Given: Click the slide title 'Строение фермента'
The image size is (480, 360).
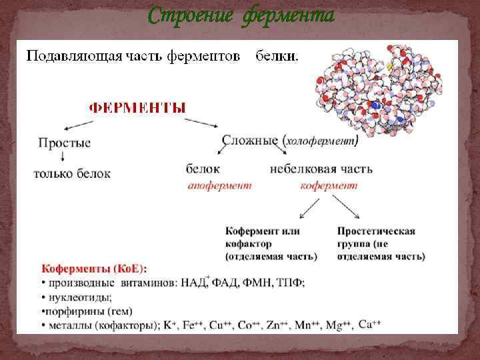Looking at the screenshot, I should click(x=241, y=15).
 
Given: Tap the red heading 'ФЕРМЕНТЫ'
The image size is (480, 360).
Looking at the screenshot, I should click(x=138, y=107).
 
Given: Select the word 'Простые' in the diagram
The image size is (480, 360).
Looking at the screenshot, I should click(x=65, y=143).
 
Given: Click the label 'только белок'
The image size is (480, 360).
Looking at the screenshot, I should click(x=72, y=173).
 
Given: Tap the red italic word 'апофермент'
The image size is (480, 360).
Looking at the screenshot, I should click(x=219, y=186).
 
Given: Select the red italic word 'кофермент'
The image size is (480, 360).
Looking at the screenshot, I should click(x=329, y=186).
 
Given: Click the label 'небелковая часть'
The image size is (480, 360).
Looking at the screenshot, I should click(x=321, y=169).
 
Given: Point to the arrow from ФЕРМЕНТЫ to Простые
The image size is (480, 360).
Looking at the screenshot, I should click(x=78, y=125).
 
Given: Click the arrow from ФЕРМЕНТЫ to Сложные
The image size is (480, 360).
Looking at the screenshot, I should click(x=202, y=123).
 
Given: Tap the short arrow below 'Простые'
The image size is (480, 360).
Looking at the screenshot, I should click(x=63, y=155).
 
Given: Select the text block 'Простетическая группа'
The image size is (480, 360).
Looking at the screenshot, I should click(x=380, y=243).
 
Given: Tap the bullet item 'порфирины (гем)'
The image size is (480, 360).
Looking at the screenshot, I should click(x=87, y=311).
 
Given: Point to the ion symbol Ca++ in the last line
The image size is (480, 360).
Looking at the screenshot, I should click(x=369, y=324).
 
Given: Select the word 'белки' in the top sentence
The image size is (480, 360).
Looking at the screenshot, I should click(x=278, y=57).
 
